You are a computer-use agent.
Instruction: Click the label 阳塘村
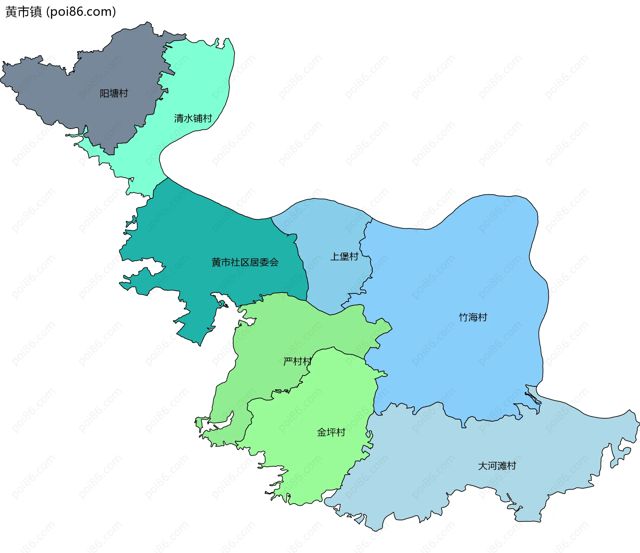pos(114,93)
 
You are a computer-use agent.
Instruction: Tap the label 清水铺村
pos(193,118)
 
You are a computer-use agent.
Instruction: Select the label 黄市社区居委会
pos(245,262)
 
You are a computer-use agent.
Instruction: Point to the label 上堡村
pos(344,256)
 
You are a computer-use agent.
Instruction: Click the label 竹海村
pos(473,317)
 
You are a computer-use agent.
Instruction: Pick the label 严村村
pos(297,361)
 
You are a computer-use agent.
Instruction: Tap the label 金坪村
pos(331,432)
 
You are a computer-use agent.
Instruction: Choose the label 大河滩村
pos(497,466)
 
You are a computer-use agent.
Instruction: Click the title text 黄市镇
pos(24,12)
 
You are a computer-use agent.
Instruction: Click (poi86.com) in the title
pos(81,12)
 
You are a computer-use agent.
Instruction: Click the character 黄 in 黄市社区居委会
pos(216,262)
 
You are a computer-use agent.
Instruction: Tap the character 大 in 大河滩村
pos(483,466)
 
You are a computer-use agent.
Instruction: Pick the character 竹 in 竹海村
pos(464,317)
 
